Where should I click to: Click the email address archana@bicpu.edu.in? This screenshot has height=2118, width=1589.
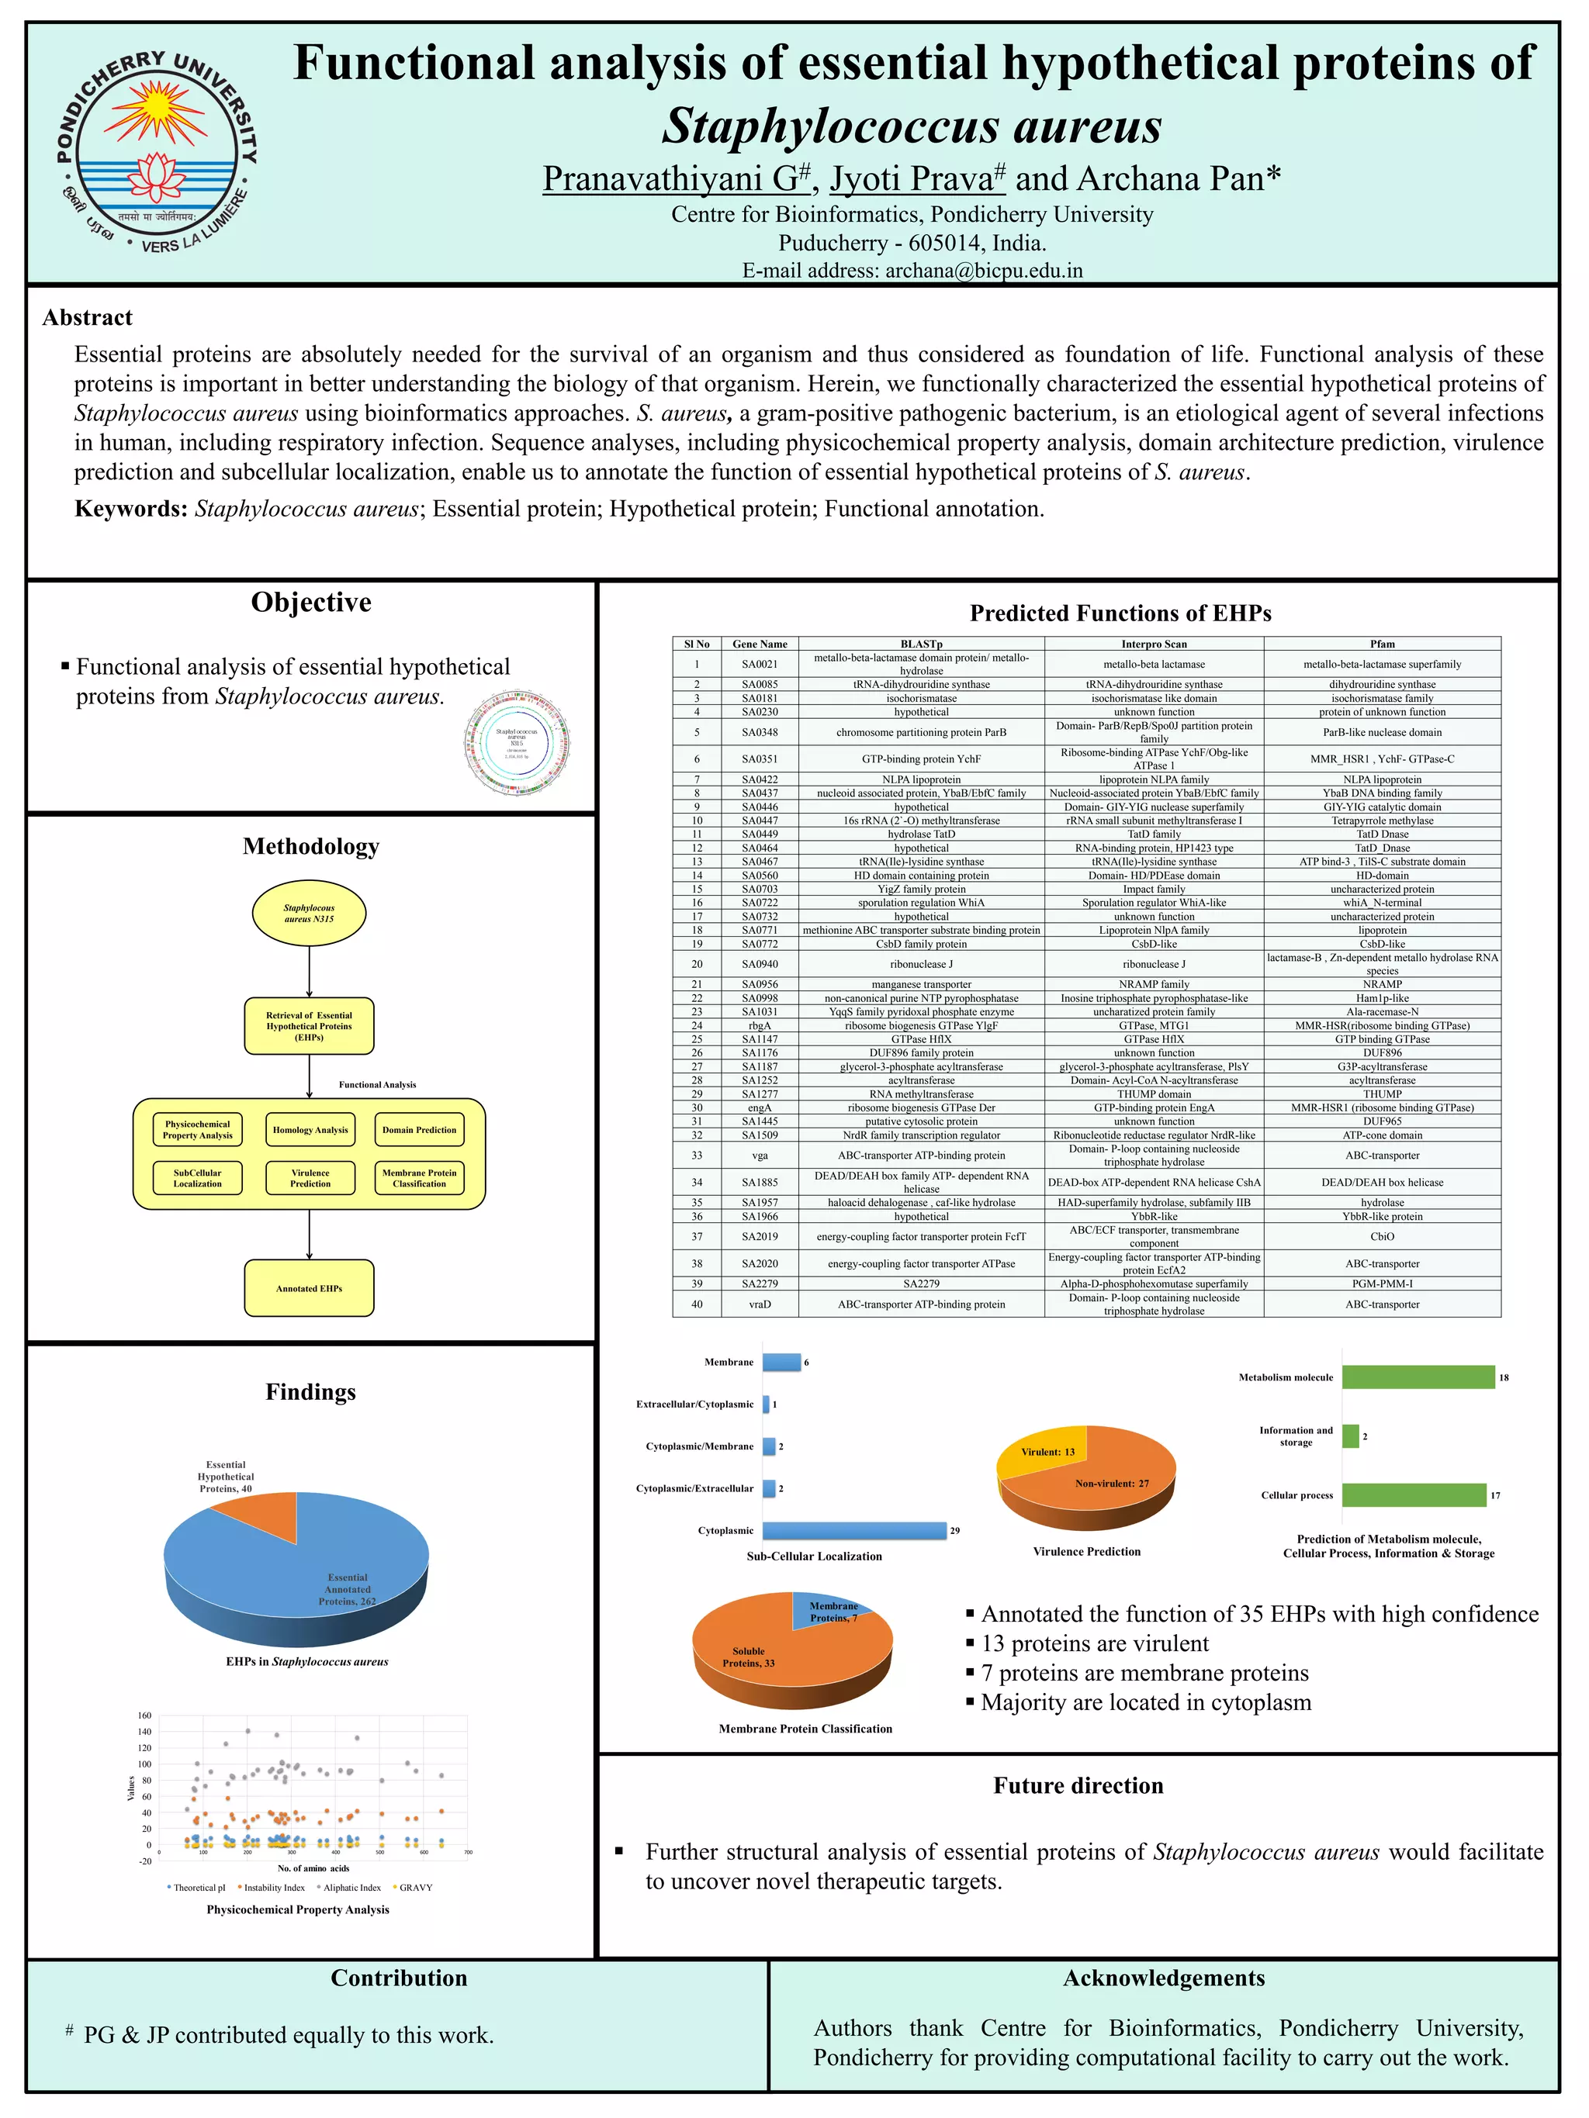pyautogui.click(x=983, y=271)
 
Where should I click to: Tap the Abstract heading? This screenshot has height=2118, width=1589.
pyautogui.click(x=87, y=318)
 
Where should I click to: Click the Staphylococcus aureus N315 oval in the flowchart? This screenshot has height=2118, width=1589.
pyautogui.click(x=309, y=914)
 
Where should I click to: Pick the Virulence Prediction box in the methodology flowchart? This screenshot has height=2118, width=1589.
pyautogui.click(x=310, y=1178)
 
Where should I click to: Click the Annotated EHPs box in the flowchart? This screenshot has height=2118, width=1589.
pyautogui.click(x=309, y=1288)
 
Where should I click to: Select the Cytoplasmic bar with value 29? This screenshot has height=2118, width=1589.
pyautogui.click(x=853, y=1530)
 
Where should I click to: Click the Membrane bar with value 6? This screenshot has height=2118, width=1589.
pyautogui.click(x=781, y=1362)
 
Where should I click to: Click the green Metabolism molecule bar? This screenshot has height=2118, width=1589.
pyautogui.click(x=1418, y=1377)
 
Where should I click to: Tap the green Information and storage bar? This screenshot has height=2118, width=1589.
pyautogui.click(x=1351, y=1436)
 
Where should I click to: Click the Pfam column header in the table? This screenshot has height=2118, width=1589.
pyautogui.click(x=1381, y=644)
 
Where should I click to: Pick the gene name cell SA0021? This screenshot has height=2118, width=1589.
pyautogui.click(x=760, y=665)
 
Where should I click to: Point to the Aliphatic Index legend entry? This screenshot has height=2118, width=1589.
pyautogui.click(x=351, y=1887)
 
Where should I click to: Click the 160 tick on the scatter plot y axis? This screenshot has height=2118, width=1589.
pyautogui.click(x=144, y=1715)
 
